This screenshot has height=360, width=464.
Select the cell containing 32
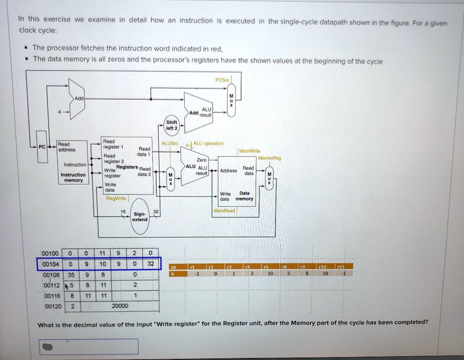tap(151, 264)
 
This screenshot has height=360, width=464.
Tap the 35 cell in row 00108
tap(72, 274)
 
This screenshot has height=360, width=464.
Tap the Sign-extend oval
tap(140, 216)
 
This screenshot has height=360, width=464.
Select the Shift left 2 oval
tap(172, 125)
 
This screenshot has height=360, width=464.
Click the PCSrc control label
tap(223, 81)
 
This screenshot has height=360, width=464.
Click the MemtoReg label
tap(270, 158)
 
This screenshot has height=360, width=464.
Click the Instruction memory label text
tap(73, 177)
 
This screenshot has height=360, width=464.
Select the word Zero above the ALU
tap(202, 160)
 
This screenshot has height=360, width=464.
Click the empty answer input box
tap(88, 346)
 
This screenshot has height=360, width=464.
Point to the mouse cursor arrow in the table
tap(67, 286)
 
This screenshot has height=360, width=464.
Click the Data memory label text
tap(245, 196)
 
